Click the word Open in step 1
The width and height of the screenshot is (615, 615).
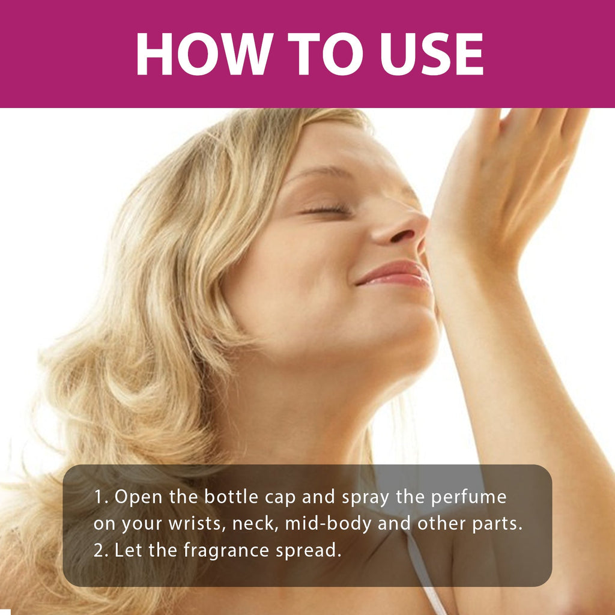tap(135, 497)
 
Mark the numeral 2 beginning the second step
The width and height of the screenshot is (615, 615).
tap(98, 550)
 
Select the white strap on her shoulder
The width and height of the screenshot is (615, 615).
tap(423, 571)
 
